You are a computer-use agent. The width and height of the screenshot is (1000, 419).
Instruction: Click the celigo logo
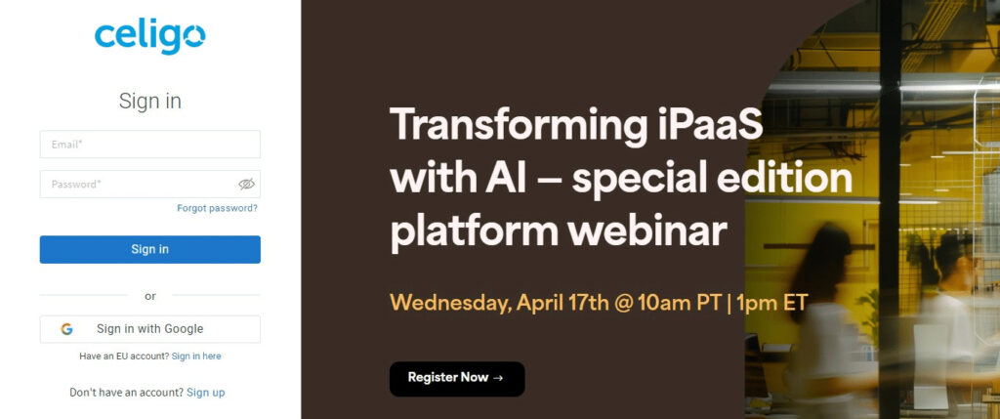[x=149, y=37]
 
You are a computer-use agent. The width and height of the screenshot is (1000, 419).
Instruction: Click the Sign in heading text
[x=149, y=102]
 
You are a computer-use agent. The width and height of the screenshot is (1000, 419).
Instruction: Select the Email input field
[x=149, y=145]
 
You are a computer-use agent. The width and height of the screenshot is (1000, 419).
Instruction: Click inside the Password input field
[x=141, y=185]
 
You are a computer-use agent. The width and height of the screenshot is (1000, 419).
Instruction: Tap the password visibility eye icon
[x=247, y=185]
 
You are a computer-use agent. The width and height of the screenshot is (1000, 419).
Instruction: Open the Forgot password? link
[x=218, y=208]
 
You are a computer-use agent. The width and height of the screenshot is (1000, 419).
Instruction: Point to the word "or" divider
[x=149, y=296]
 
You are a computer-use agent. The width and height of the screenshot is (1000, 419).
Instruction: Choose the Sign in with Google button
[x=149, y=329]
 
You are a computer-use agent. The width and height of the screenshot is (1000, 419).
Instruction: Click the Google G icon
[x=67, y=329]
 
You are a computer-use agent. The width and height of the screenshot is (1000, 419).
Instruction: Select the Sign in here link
[x=196, y=356]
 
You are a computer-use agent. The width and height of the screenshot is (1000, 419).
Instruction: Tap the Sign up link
[x=205, y=393]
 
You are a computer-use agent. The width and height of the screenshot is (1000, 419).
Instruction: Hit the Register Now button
[x=457, y=379]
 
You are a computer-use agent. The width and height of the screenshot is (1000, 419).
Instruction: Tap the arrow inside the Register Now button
[x=499, y=378]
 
